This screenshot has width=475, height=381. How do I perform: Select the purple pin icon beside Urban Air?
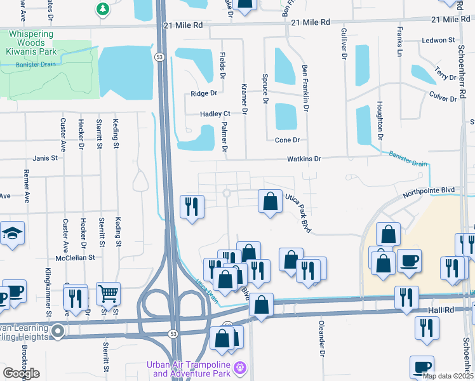click(x=239, y=368)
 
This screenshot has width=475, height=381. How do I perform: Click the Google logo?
click(x=21, y=373)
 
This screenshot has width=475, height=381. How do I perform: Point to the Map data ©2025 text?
click(x=448, y=376)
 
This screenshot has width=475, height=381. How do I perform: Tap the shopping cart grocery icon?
click(x=109, y=293)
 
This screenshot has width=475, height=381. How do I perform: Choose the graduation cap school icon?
click(x=11, y=233)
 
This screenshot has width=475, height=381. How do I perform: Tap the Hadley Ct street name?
click(x=215, y=114)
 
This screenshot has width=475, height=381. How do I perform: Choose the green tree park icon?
click(x=102, y=9)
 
